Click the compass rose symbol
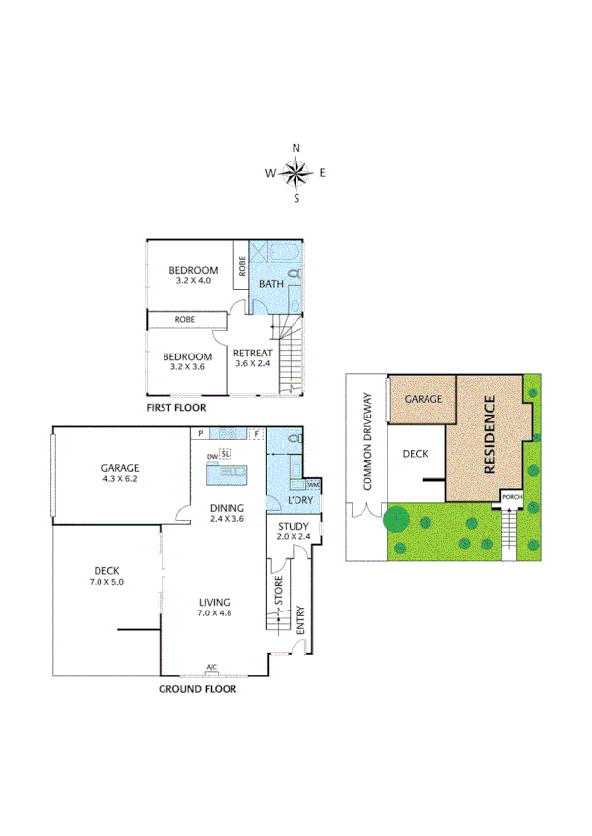[x=296, y=174]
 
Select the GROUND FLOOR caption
[x=197, y=689]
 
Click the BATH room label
[x=271, y=285]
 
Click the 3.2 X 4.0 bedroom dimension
[x=191, y=281]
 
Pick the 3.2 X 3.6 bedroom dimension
[x=187, y=367]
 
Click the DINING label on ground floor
[x=226, y=508]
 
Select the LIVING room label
[x=214, y=602]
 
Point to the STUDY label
[x=293, y=527]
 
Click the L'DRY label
[x=298, y=502]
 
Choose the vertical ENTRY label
[x=300, y=618]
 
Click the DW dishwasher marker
[x=211, y=457]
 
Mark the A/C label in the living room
[x=211, y=669]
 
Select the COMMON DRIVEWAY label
[x=367, y=442]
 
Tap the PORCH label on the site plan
[x=511, y=497]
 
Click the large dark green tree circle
[x=396, y=517]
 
